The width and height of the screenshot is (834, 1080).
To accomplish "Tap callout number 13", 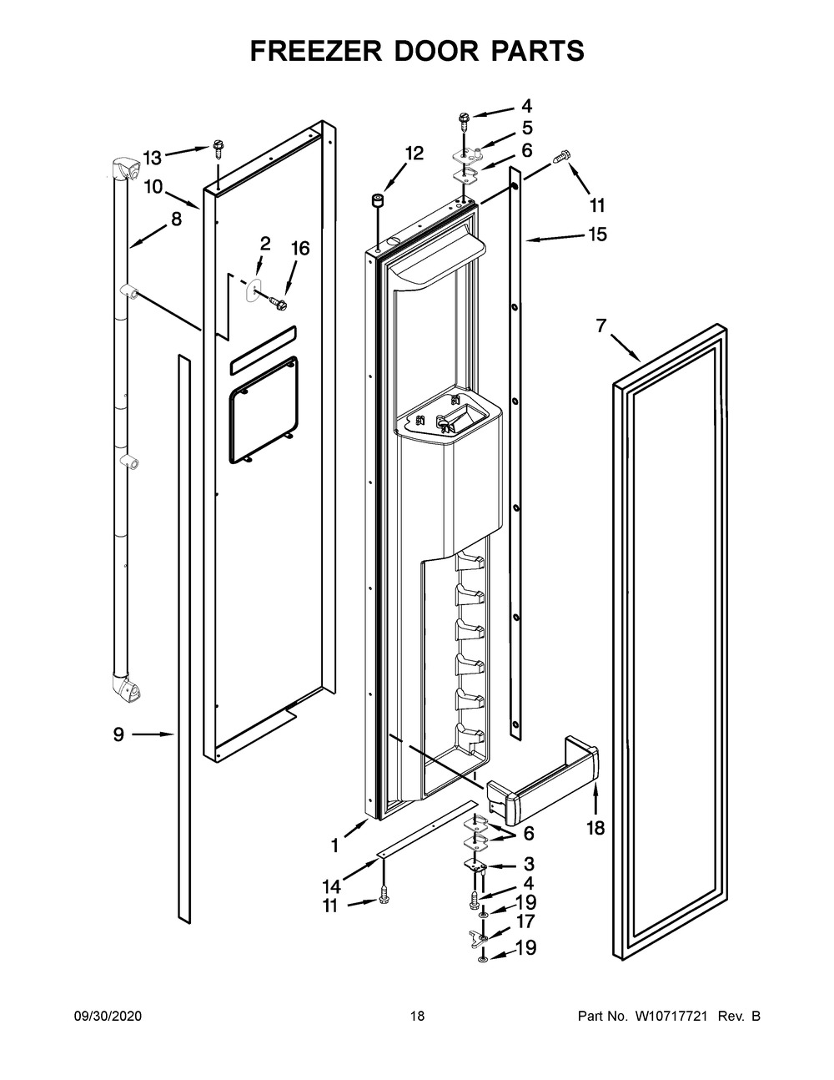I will pyautogui.click(x=152, y=158).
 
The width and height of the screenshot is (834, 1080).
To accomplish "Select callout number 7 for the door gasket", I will pyautogui.click(x=601, y=326).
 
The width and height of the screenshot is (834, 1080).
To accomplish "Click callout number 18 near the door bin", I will pyautogui.click(x=595, y=828).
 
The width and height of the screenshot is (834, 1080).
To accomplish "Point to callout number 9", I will pyautogui.click(x=118, y=734).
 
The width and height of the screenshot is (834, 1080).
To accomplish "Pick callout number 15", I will pyautogui.click(x=596, y=235).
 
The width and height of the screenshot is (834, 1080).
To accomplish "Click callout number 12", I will pyautogui.click(x=414, y=154).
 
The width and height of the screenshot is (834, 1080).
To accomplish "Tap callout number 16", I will pyautogui.click(x=299, y=248).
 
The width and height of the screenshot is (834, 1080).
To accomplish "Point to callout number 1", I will pyautogui.click(x=334, y=845).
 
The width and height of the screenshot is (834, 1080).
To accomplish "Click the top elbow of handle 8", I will pyautogui.click(x=122, y=170).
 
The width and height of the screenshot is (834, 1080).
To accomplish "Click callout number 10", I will pyautogui.click(x=153, y=187).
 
